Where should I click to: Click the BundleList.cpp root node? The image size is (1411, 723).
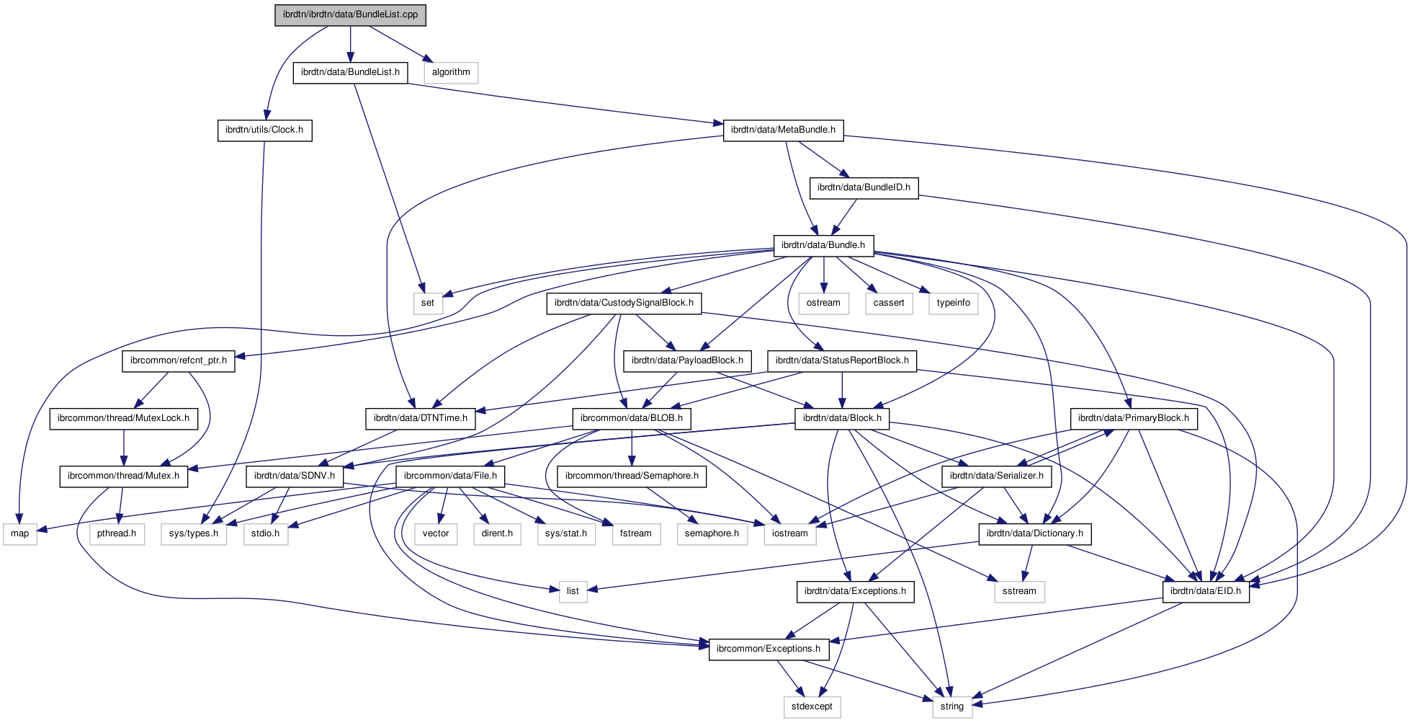click(x=350, y=14)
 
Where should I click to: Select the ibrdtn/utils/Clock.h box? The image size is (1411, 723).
click(x=264, y=130)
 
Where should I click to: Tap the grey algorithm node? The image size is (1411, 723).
click(x=451, y=72)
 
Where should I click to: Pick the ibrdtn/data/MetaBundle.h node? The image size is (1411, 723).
click(x=783, y=130)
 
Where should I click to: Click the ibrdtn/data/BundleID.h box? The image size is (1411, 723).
click(x=864, y=187)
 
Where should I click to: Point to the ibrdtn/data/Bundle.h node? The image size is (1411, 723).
click(x=823, y=245)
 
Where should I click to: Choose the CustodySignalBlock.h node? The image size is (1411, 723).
click(x=624, y=303)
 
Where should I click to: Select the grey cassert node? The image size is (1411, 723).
click(x=889, y=303)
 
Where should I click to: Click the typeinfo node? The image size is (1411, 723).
click(x=954, y=303)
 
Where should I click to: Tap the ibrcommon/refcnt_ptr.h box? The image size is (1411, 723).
click(x=179, y=360)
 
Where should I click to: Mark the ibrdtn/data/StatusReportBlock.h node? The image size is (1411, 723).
click(x=842, y=360)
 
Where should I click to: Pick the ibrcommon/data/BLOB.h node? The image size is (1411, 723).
click(x=632, y=418)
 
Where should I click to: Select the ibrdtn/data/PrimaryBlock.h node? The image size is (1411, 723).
click(x=1134, y=418)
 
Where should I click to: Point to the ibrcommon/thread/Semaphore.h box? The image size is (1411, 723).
click(x=632, y=476)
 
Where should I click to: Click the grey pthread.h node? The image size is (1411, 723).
click(x=117, y=533)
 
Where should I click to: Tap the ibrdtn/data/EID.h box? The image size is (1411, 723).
click(x=1206, y=591)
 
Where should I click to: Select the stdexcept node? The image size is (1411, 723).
click(x=812, y=706)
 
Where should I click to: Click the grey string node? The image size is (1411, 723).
click(x=952, y=706)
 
